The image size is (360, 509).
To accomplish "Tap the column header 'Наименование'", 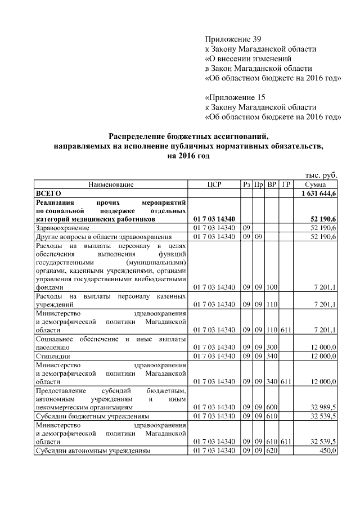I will [x=111, y=184].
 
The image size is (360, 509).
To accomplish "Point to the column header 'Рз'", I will [x=246, y=184].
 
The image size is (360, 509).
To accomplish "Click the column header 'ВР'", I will [x=272, y=184].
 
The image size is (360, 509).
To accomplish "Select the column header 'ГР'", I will [x=286, y=184].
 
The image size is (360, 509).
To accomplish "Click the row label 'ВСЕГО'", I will [x=48, y=193].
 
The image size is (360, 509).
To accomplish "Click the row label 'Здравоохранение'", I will [x=62, y=228].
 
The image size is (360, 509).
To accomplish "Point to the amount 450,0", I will [x=327, y=451].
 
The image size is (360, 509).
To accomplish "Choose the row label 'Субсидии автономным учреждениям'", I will [x=93, y=451].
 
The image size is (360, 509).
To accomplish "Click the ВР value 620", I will [x=272, y=451].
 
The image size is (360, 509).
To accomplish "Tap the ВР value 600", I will [x=272, y=406].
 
